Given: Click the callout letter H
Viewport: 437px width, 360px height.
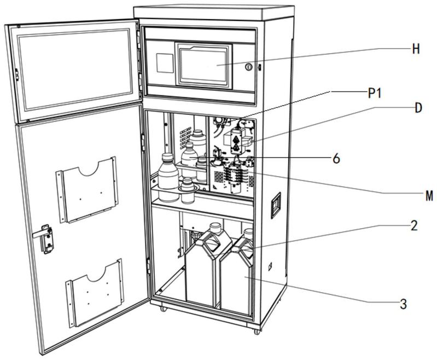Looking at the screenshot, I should tap(416, 49).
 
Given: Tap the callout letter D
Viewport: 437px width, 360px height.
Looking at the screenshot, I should tap(418, 108).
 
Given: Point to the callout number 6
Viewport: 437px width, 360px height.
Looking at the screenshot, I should tap(336, 159).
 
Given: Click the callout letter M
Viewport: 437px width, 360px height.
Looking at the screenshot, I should tap(429, 195).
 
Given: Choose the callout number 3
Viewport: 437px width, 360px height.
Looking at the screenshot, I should tap(403, 304).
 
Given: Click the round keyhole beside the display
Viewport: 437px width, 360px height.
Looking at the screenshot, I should tap(248, 66).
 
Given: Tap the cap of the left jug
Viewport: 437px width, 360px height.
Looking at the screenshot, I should tap(215, 225).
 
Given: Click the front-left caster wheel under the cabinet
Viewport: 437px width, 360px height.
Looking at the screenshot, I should tap(162, 309).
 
